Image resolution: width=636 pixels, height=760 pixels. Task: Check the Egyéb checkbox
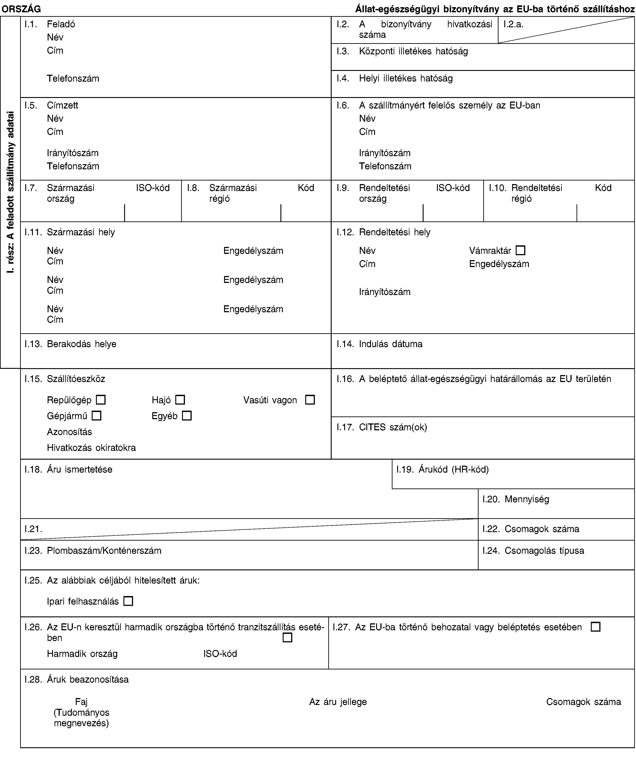tap(187, 416)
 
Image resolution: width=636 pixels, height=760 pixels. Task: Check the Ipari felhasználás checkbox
tap(128, 601)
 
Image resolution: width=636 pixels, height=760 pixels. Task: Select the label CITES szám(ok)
tap(393, 427)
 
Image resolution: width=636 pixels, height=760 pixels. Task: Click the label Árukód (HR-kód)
tap(454, 469)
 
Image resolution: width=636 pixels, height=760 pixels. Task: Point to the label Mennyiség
tap(526, 499)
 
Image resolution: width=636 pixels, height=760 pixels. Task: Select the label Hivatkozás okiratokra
tap(91, 448)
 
